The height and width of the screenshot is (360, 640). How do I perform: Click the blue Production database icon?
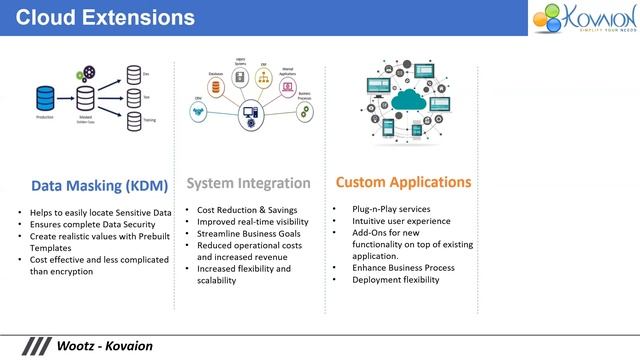[45, 98]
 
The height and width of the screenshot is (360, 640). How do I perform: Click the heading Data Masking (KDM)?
[98, 185]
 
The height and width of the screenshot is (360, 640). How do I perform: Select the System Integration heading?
[248, 184]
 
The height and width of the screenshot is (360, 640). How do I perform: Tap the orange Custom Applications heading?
[403, 183]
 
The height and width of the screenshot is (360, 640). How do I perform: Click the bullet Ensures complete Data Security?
[93, 225]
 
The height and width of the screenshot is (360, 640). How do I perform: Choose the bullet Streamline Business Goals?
[249, 233]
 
